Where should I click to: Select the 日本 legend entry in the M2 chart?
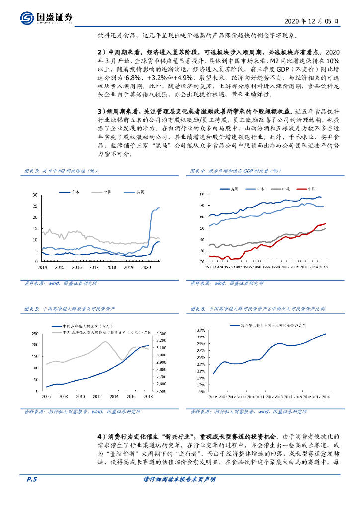pyautogui.click(x=79, y=192)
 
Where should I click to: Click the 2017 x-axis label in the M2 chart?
pyautogui.click(x=94, y=267)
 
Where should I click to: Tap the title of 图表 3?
pyautogui.click(x=62, y=171)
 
